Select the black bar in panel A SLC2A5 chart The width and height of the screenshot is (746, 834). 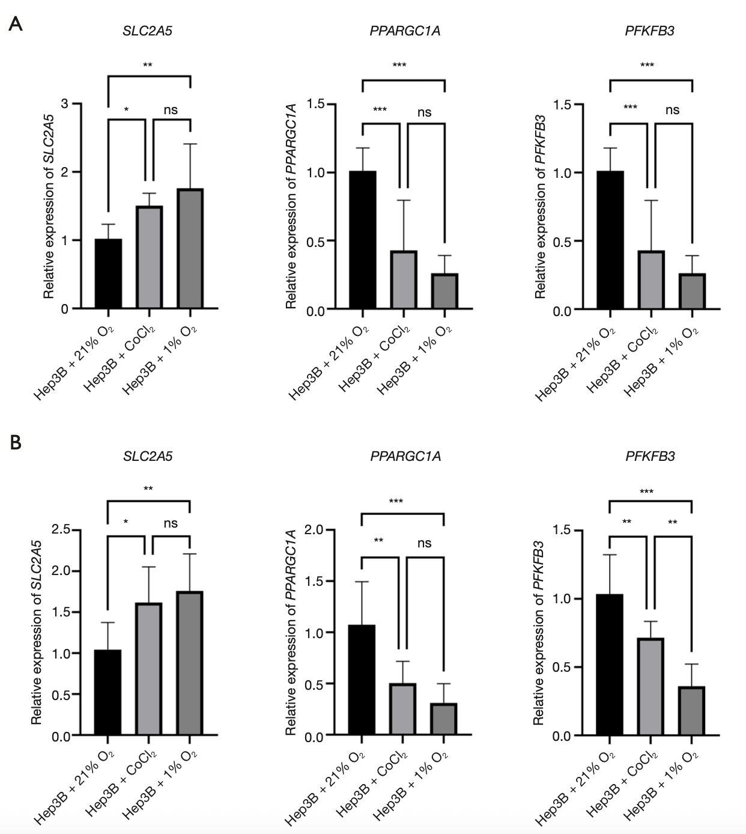[108, 274]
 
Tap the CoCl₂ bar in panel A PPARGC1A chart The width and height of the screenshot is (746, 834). [404, 280]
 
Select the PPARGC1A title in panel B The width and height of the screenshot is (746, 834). [405, 456]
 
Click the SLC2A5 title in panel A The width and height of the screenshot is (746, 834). [147, 31]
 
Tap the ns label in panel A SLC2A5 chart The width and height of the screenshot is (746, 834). [171, 110]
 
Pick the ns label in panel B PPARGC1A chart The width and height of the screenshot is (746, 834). [424, 543]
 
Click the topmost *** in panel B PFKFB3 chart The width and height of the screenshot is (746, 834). [646, 492]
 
